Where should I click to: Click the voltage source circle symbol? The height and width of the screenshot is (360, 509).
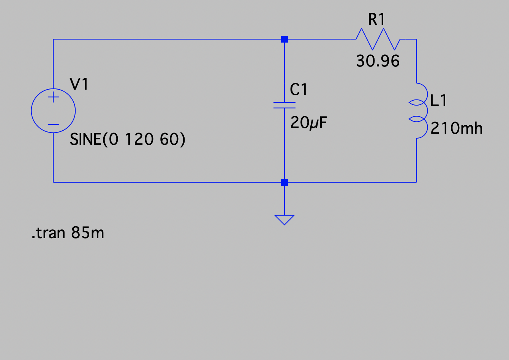pos(53,111)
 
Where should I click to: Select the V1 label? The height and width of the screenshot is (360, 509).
pos(79,84)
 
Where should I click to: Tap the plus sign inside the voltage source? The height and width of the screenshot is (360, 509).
pos(53,98)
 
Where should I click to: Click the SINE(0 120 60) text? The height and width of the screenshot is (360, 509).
pos(128,140)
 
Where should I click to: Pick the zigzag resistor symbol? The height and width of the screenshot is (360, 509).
pos(378,39)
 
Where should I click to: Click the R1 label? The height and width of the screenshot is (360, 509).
pos(376,19)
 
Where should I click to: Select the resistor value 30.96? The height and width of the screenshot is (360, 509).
pos(378,61)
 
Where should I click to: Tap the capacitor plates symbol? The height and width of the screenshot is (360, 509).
pos(284,105)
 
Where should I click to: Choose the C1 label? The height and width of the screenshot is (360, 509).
pos(299,90)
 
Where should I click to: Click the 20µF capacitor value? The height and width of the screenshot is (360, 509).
pos(308,123)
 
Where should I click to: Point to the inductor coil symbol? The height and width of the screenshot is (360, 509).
pos(418,111)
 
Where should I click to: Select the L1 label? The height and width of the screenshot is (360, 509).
pos(439,100)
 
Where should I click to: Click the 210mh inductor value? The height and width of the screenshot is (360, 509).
pos(457,128)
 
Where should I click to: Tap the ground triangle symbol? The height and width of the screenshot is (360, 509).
pos(284,219)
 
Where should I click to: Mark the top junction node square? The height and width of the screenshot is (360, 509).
pos(284,39)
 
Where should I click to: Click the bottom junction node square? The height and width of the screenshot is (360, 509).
pos(284,182)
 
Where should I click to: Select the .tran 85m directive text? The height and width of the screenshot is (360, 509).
pos(68,232)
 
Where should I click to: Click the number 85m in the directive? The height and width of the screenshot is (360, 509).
pos(87,232)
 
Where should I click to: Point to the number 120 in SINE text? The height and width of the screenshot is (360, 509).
pos(139,140)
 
